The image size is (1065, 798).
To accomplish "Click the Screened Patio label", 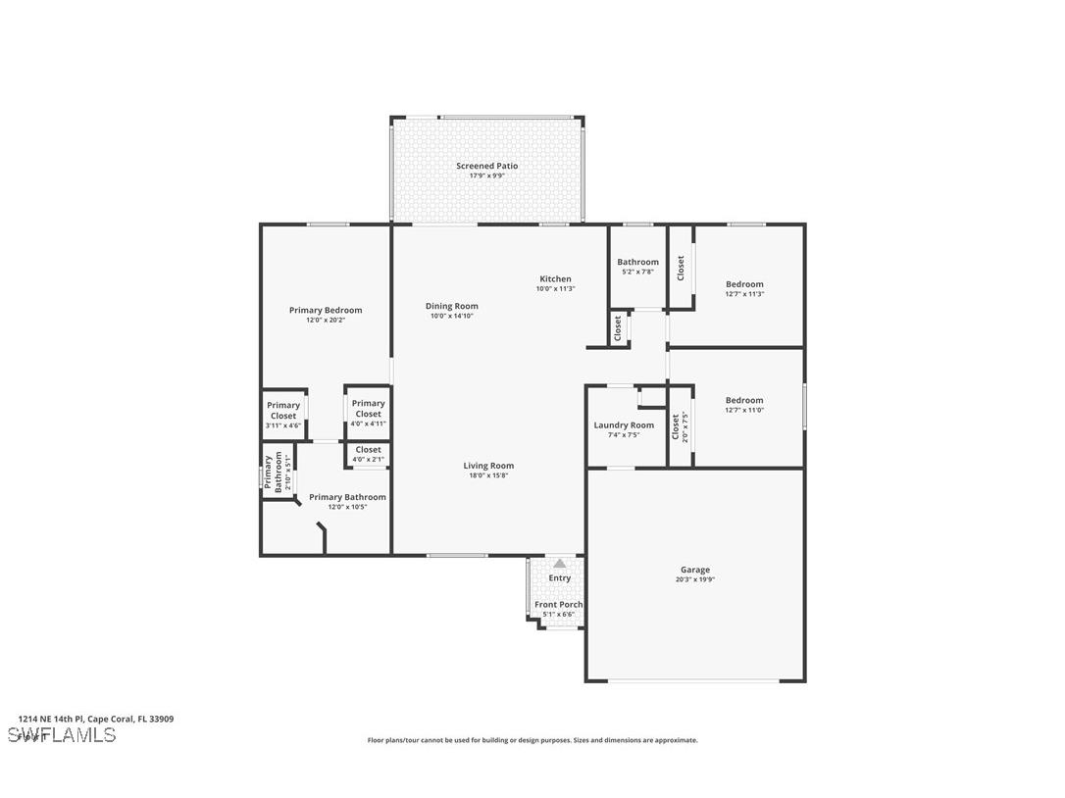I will point(486,166).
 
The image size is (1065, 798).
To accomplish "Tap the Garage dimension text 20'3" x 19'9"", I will point(695,579).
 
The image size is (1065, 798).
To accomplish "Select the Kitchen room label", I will point(555,279).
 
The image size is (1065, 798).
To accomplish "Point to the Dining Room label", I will point(451,306).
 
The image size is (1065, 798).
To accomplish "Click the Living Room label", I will point(488,466).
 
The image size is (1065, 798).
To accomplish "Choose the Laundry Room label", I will point(624,425).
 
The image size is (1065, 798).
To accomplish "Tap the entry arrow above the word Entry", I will point(559,564).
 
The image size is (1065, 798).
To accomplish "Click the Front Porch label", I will point(558,605).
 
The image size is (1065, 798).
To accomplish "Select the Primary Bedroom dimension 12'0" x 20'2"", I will point(325,320).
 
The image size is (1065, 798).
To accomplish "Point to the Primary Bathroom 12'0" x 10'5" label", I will point(347,498).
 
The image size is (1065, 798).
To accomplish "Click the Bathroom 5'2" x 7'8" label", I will point(637,262).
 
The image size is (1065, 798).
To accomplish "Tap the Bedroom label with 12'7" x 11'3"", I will point(744,284).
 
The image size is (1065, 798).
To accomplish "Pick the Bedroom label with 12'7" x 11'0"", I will point(744,400).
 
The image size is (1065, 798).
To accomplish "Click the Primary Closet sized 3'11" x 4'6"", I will point(283,411).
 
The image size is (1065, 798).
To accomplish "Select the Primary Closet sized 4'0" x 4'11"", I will point(369,408).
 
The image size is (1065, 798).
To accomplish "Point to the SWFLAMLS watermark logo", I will point(62,735).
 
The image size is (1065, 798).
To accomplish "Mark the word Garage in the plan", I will point(695,570).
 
